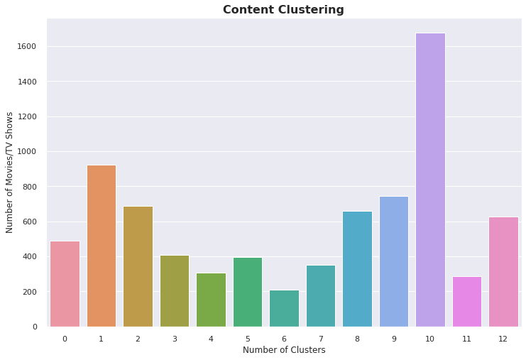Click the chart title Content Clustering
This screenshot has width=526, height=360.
click(283, 10)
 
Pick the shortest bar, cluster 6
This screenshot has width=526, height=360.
click(284, 308)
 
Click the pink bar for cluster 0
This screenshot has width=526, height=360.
click(65, 283)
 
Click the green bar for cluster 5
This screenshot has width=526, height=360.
click(247, 292)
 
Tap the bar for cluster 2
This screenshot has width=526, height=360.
click(138, 266)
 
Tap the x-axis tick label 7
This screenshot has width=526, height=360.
click(320, 339)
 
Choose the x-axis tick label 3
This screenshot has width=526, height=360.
click(174, 339)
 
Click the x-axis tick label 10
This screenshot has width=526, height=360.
click(430, 339)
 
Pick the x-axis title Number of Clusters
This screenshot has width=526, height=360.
click(283, 350)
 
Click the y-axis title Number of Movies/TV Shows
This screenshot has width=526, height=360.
click(10, 173)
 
